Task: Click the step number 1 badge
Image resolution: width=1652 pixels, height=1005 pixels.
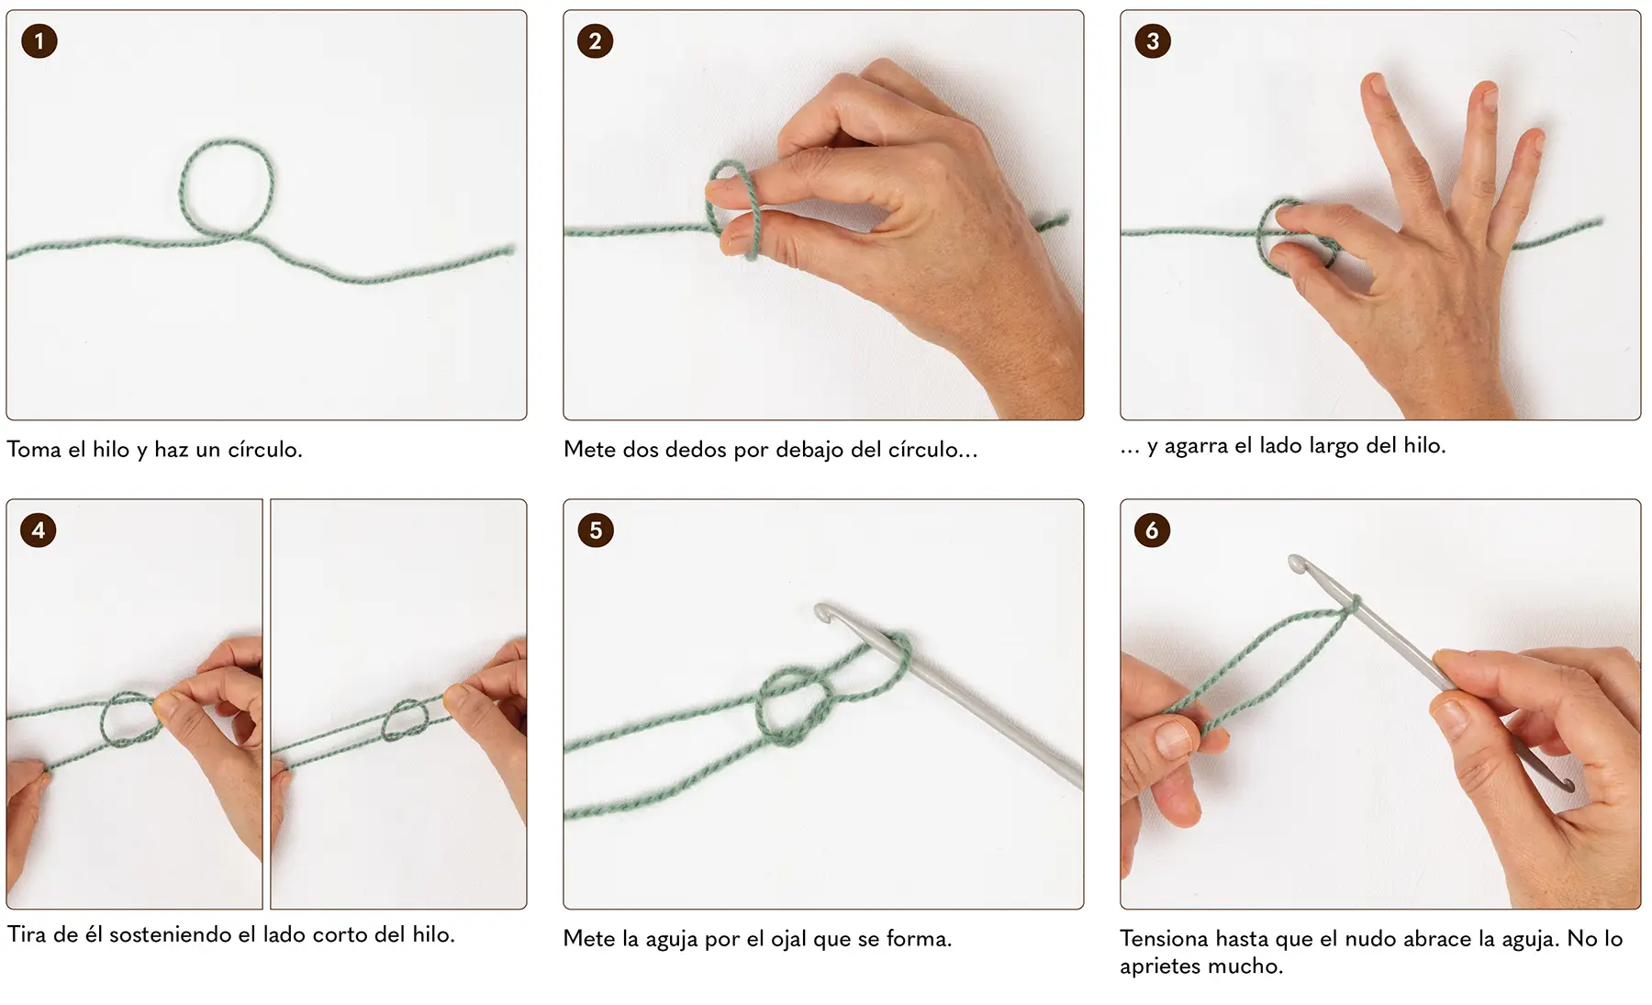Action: click(x=39, y=40)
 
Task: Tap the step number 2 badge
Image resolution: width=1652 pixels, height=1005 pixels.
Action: click(x=596, y=40)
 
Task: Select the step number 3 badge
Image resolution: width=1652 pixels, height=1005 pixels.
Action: click(x=1153, y=40)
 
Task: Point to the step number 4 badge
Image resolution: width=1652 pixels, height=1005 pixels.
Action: click(x=39, y=530)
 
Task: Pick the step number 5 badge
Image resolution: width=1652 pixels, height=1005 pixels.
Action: click(x=596, y=530)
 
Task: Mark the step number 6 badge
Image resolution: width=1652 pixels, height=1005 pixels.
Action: click(x=1153, y=530)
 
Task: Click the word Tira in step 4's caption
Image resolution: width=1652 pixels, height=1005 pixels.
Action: click(x=28, y=934)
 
